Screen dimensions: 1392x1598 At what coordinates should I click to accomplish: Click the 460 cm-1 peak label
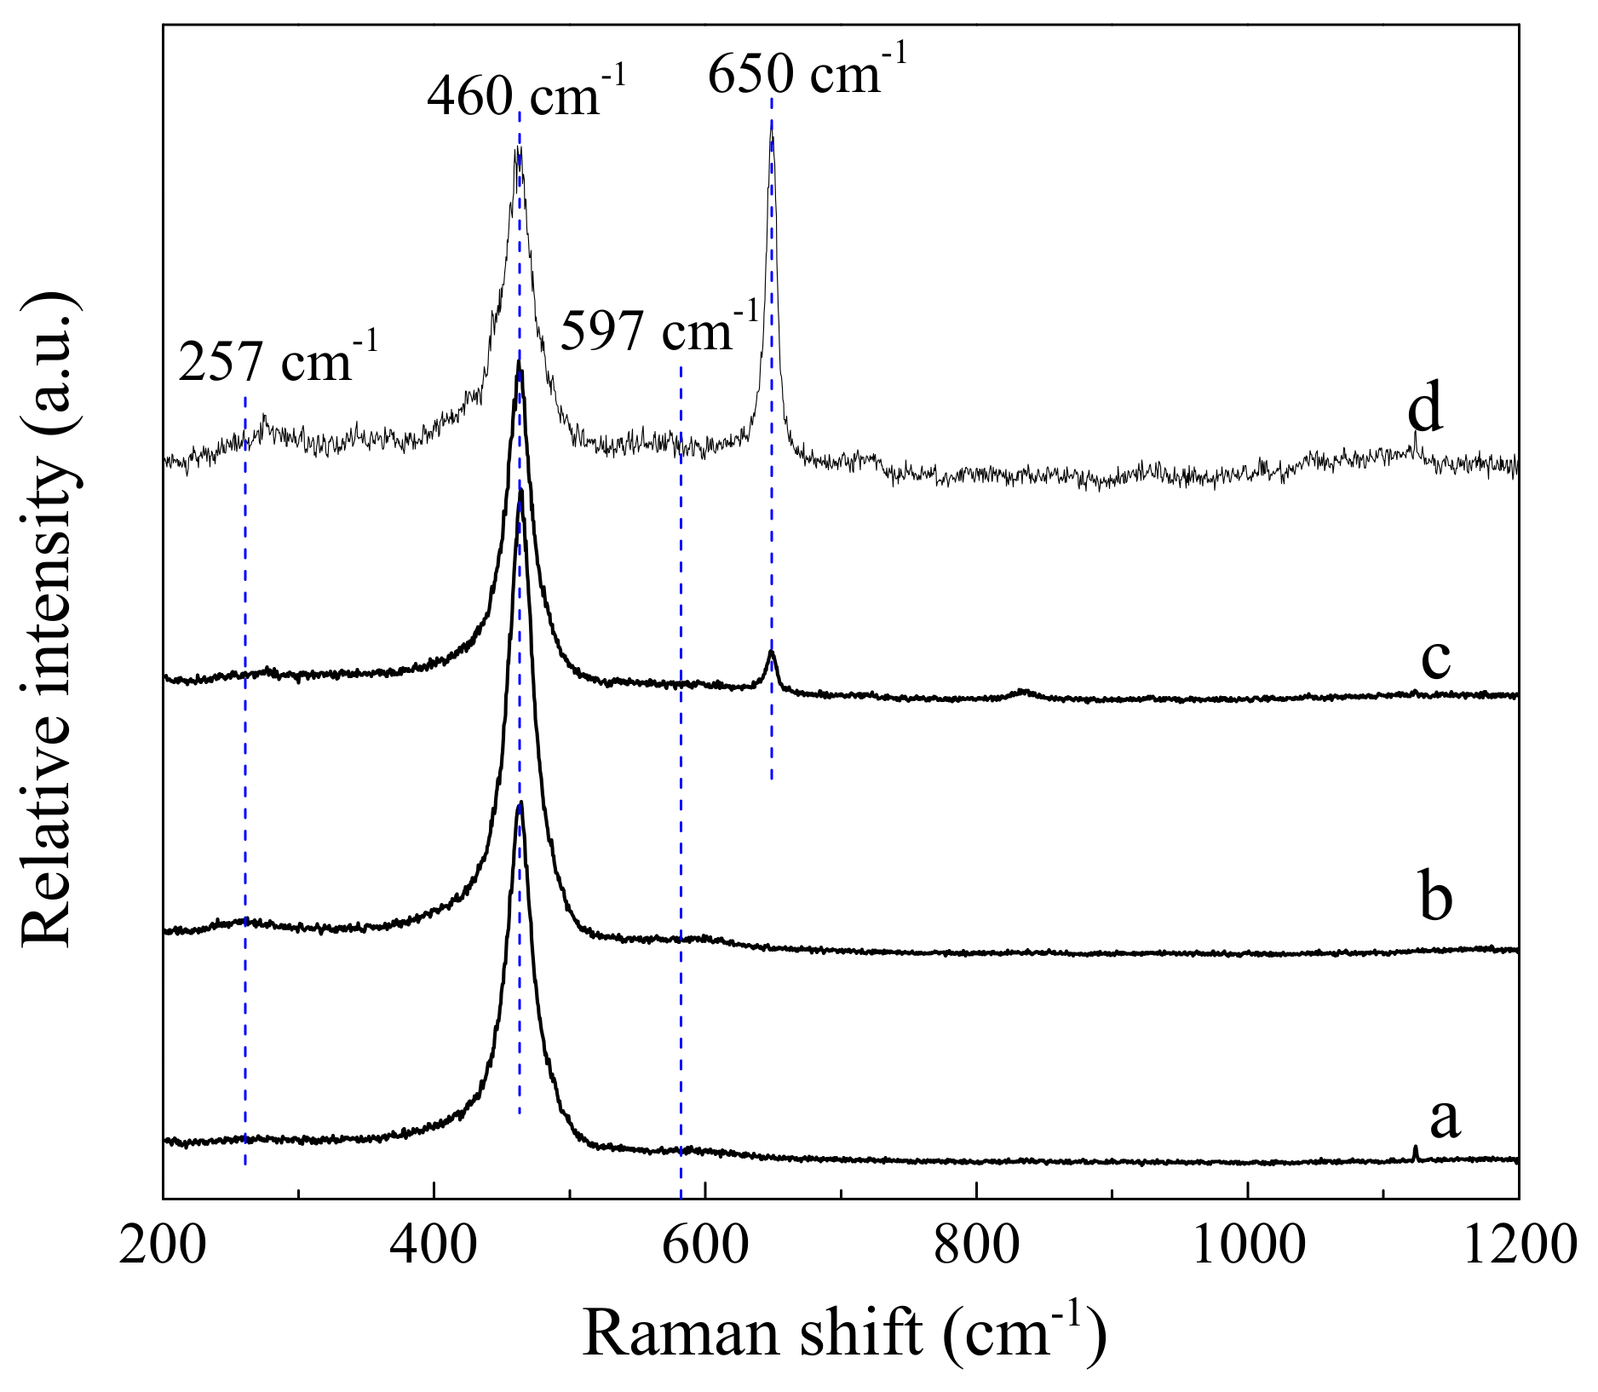coord(526,95)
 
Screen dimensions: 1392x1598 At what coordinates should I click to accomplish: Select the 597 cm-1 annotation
coord(658,331)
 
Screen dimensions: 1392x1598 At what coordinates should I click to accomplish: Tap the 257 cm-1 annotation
coord(278,361)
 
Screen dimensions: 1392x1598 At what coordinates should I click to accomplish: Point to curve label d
coord(1424,410)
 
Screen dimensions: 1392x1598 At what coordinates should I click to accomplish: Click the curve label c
coord(1436,658)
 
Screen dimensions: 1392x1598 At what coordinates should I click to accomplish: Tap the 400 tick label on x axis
coord(434,1245)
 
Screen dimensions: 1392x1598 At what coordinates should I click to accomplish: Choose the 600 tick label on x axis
coord(705,1245)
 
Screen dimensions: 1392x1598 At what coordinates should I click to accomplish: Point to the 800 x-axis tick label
coord(976,1245)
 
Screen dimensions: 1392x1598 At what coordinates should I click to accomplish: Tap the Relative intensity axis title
coord(49,620)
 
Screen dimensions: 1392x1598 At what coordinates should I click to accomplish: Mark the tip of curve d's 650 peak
coord(771,124)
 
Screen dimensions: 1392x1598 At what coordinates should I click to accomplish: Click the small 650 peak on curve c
coord(771,653)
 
